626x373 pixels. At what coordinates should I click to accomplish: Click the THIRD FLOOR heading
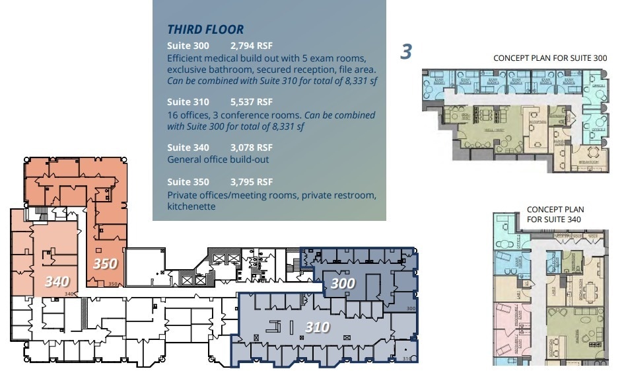click(x=205, y=29)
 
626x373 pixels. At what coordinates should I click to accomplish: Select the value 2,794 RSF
click(x=251, y=46)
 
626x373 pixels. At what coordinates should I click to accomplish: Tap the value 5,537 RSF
click(x=251, y=102)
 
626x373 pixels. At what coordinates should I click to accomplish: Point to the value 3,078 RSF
click(x=251, y=147)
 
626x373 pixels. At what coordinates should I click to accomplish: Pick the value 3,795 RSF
click(x=251, y=182)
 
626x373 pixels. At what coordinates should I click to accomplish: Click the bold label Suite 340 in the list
click(x=188, y=147)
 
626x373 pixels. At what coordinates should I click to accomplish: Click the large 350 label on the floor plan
click(x=105, y=264)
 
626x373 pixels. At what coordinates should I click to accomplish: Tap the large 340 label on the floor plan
click(x=57, y=282)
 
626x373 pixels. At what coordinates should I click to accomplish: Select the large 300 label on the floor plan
click(x=342, y=284)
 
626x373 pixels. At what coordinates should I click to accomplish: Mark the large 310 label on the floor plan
click(x=317, y=327)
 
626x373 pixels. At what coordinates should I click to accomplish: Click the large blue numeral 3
click(x=407, y=52)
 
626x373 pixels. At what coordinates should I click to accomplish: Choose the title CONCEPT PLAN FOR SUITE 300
click(x=550, y=58)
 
